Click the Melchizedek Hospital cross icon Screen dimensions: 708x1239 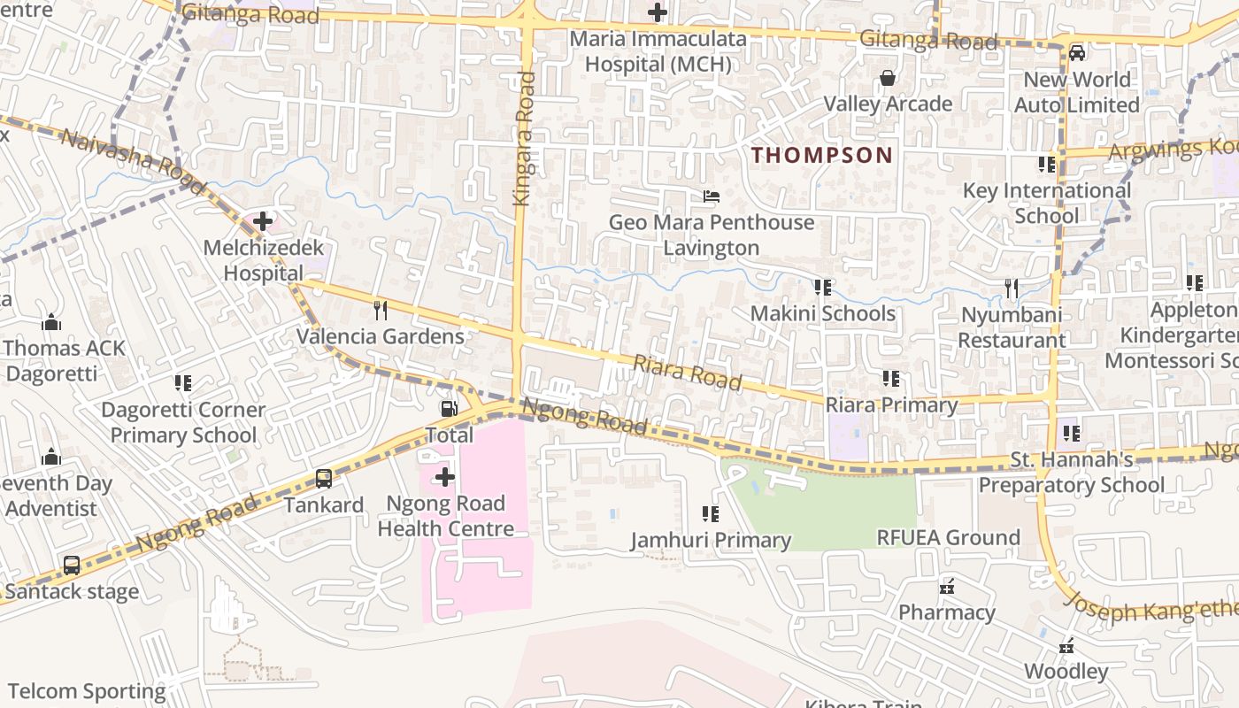click(263, 220)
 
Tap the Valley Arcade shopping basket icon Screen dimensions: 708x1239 click(888, 79)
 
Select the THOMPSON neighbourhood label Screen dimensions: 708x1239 click(822, 155)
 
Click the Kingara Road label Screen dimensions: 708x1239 click(526, 139)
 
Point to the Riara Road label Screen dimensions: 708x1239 click(687, 372)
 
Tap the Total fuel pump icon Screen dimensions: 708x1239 click(450, 409)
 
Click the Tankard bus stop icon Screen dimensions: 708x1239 click(324, 479)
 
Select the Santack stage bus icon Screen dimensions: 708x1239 click(72, 565)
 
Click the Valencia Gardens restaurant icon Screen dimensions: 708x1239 click(381, 310)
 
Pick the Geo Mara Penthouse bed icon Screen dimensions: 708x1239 click(712, 196)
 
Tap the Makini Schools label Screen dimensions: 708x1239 click(823, 313)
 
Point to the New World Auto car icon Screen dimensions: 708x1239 click(1077, 52)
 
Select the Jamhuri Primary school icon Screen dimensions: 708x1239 click(710, 513)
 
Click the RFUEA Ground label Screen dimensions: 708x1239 click(948, 537)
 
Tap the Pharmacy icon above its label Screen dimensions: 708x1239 click(947, 586)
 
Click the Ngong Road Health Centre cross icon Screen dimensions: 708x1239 click(445, 478)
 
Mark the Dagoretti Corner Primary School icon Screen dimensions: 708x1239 click(183, 383)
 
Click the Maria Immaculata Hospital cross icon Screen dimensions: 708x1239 click(658, 12)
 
